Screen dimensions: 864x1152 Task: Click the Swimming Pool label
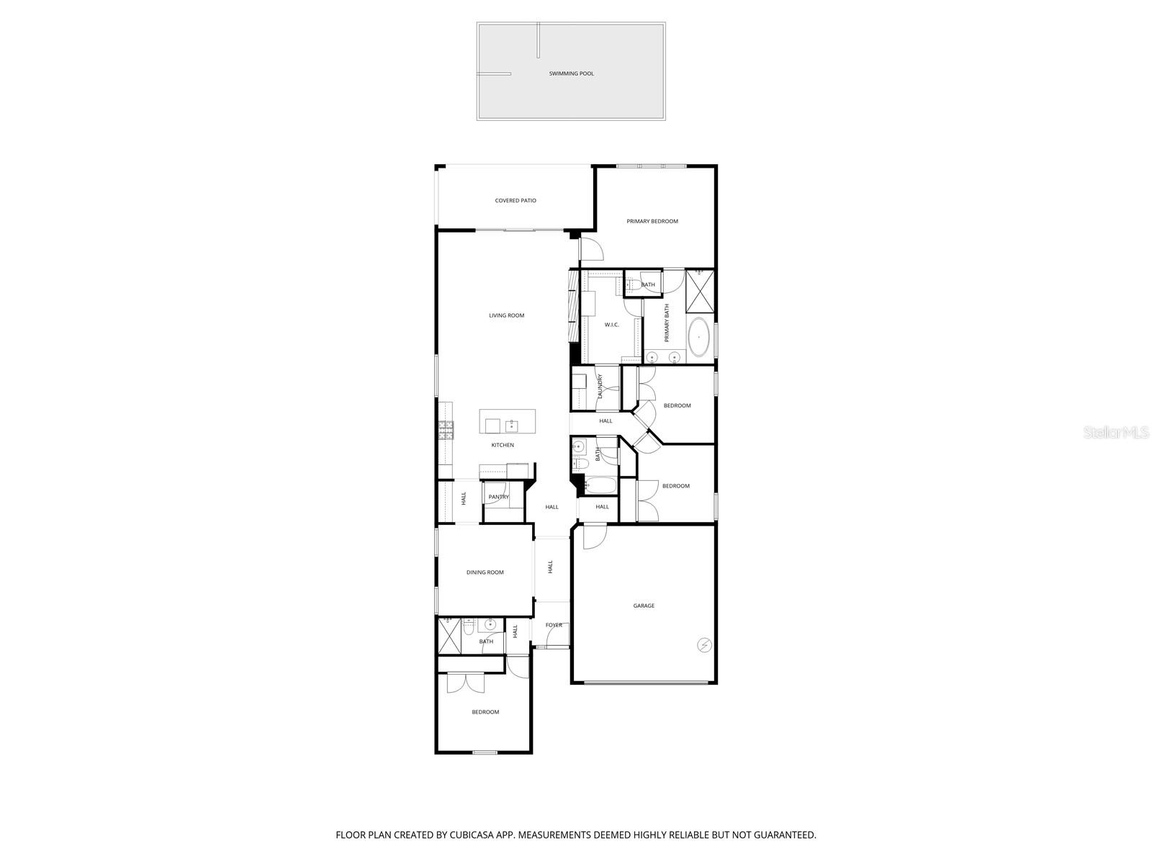(571, 73)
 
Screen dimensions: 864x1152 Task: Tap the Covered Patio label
(516, 201)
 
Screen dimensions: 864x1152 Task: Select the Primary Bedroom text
(652, 222)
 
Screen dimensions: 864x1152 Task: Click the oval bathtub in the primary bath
(699, 337)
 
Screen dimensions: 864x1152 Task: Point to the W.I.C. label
(611, 325)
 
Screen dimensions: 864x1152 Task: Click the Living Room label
(506, 315)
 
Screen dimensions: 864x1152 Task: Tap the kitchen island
(508, 421)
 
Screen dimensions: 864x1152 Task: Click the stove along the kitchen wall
(446, 430)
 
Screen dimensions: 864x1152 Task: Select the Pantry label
(498, 497)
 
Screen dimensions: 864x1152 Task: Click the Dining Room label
(485, 572)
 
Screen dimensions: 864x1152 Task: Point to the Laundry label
(600, 387)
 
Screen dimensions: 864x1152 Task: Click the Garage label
(644, 606)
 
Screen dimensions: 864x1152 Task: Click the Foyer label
(554, 625)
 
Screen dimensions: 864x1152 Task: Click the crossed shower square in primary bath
(700, 291)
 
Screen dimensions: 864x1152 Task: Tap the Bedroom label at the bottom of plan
(485, 712)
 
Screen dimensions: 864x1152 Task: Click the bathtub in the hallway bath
(600, 485)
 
